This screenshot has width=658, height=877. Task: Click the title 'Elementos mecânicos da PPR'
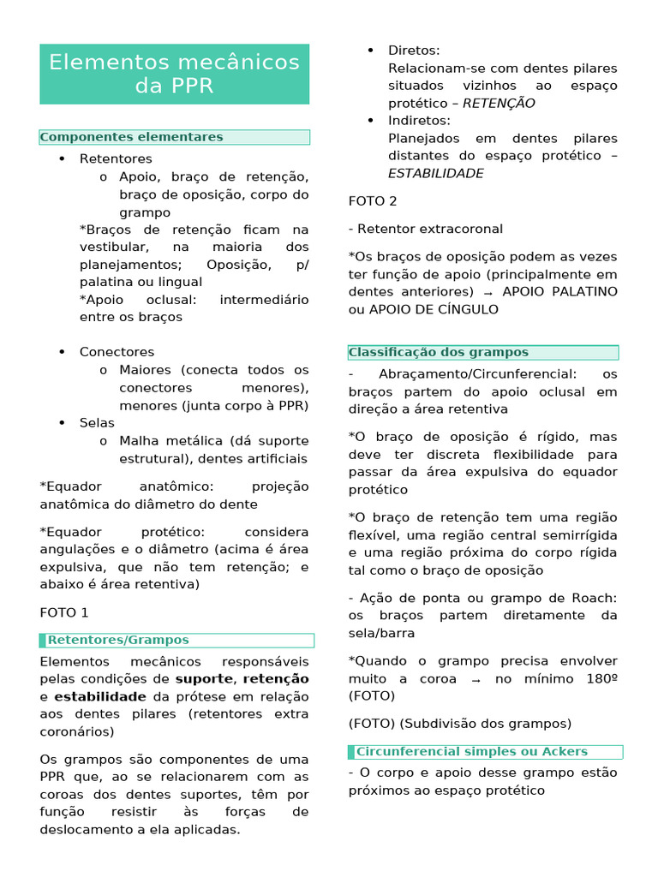click(x=174, y=75)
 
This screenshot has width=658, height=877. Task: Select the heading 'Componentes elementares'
click(x=132, y=137)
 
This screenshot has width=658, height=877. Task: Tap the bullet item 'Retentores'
click(x=116, y=158)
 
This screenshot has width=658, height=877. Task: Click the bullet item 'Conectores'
click(x=117, y=352)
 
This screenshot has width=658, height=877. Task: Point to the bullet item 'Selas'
click(x=97, y=422)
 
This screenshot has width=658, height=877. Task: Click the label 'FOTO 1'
click(x=64, y=612)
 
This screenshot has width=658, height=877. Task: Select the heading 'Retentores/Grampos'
click(x=118, y=640)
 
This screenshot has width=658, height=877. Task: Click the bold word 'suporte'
click(x=204, y=679)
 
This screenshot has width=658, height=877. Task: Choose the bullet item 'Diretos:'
click(x=414, y=51)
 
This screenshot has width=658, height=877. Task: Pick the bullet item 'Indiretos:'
click(x=419, y=121)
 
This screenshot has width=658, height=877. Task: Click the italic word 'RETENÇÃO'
click(x=499, y=103)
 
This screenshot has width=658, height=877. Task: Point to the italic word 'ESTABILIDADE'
click(x=435, y=173)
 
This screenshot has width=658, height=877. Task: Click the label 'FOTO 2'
click(x=373, y=200)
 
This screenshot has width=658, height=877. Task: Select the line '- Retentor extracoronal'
click(x=426, y=229)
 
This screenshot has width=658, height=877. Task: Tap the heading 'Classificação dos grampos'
click(x=439, y=352)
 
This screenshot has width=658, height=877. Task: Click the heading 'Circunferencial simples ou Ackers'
click(x=471, y=751)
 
